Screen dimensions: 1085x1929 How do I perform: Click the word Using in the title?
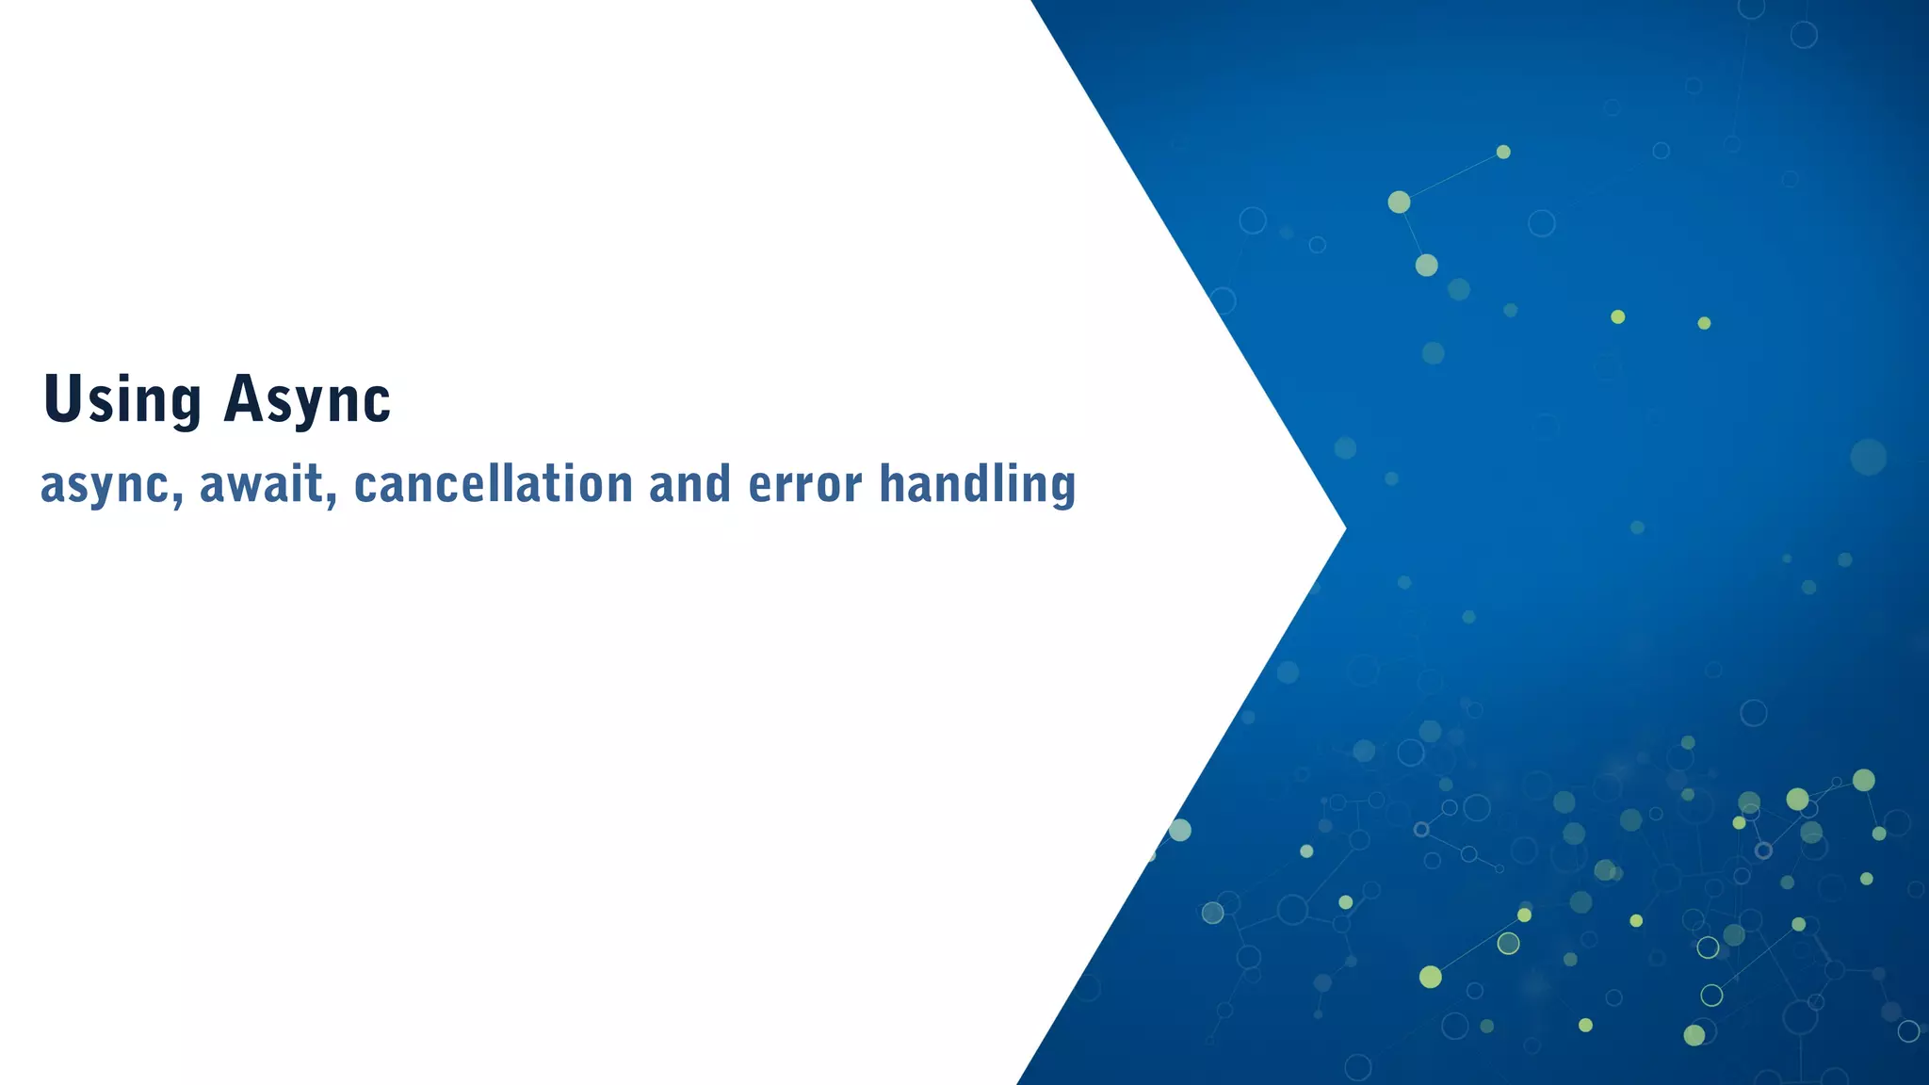[x=122, y=399]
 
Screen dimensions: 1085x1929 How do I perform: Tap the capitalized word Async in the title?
[x=307, y=399]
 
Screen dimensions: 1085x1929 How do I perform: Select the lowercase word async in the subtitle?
[x=105, y=484]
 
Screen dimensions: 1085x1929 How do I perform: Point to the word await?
[x=262, y=484]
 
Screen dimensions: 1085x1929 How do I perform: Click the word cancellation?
[x=493, y=484]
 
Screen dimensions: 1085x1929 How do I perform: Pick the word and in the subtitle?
[x=689, y=484]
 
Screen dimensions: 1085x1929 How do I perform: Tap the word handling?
[x=977, y=484]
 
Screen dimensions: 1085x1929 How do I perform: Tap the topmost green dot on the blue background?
[x=1503, y=152]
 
